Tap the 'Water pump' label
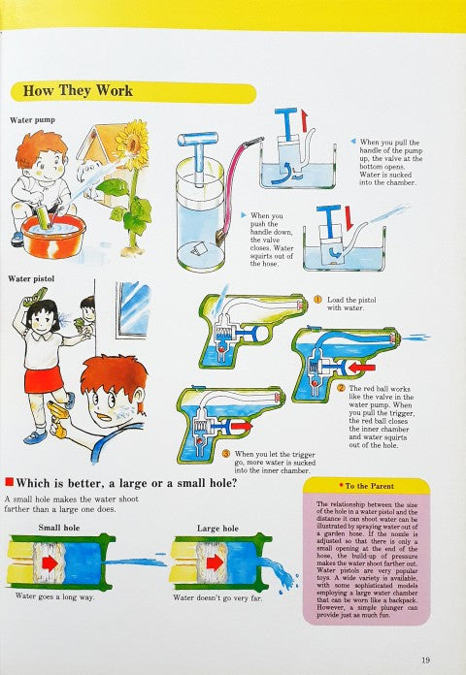[35, 120]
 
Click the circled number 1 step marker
[316, 300]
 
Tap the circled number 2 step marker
[341, 388]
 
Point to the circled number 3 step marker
[225, 453]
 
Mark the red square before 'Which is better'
[9, 481]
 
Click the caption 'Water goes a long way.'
[54, 597]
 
